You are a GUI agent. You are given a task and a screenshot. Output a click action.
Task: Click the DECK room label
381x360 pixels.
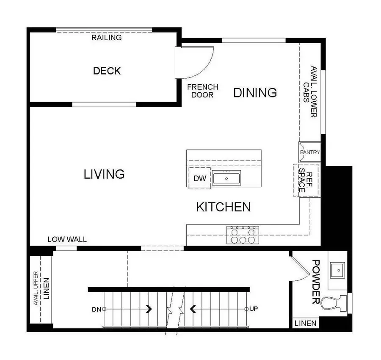click(107, 71)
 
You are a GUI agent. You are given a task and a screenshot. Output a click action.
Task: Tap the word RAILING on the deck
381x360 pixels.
click(106, 38)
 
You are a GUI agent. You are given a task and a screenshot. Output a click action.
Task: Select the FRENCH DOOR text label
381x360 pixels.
click(202, 91)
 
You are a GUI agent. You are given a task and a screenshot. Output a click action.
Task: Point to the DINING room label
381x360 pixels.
click(255, 92)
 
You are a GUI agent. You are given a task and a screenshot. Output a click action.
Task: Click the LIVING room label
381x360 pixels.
click(104, 174)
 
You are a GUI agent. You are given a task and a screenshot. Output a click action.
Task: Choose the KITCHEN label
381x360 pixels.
click(223, 207)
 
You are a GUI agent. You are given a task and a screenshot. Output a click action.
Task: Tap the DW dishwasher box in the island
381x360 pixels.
click(200, 178)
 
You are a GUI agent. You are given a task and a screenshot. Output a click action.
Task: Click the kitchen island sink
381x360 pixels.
click(226, 178)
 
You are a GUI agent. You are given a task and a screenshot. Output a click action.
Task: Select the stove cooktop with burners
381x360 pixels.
click(243, 235)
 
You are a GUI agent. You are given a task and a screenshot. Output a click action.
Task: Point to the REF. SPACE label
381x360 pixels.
click(306, 180)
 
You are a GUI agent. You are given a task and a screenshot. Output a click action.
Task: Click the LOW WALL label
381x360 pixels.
click(67, 239)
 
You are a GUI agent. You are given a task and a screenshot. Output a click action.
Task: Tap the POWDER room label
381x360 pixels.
click(315, 282)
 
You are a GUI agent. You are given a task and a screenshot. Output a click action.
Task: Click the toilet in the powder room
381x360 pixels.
click(333, 303)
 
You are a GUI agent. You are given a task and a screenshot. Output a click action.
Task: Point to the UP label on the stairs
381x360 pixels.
click(254, 309)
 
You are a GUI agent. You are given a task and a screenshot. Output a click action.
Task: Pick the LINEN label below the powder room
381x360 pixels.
click(305, 323)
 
